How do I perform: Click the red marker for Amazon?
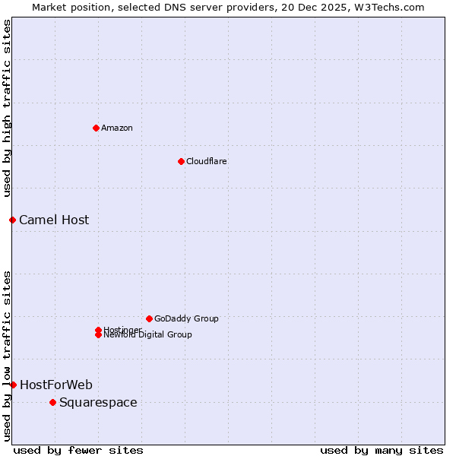tap(96, 128)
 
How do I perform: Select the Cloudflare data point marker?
tap(181, 161)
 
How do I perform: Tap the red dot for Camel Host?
tap(12, 220)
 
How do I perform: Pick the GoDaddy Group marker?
tap(149, 318)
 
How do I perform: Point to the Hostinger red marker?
tap(98, 330)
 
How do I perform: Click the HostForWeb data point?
tap(13, 385)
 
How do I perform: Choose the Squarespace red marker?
tap(52, 402)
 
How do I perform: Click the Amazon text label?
tap(117, 128)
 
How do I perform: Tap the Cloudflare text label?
tap(207, 161)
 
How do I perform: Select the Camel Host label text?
tap(54, 220)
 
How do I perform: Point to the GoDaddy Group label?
tap(186, 318)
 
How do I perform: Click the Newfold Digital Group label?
tap(148, 335)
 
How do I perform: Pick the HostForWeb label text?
tap(56, 385)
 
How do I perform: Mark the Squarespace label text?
tap(98, 403)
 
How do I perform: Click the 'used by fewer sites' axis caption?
tap(78, 450)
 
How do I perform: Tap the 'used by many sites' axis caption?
tap(382, 450)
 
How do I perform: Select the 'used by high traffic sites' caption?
tap(8, 108)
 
